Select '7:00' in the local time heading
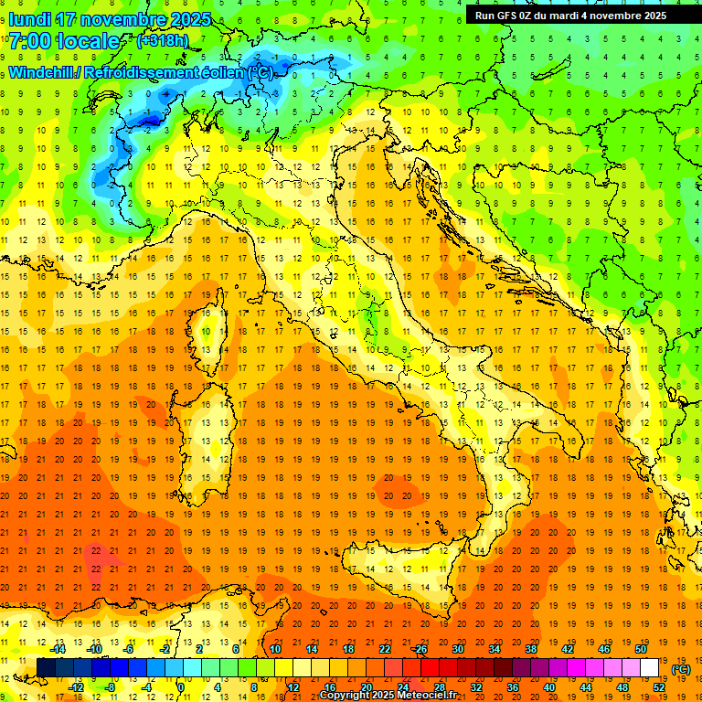tap(28, 41)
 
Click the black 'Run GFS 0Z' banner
tap(571, 15)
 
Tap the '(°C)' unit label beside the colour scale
tap(681, 668)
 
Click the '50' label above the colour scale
tap(641, 648)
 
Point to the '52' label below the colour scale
tap(659, 686)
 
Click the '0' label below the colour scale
tap(180, 686)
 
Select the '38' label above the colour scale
tap(531, 648)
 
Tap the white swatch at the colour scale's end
tap(650, 667)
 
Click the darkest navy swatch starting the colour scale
tap(46, 667)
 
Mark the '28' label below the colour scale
tap(439, 686)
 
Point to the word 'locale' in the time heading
tap(88, 41)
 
